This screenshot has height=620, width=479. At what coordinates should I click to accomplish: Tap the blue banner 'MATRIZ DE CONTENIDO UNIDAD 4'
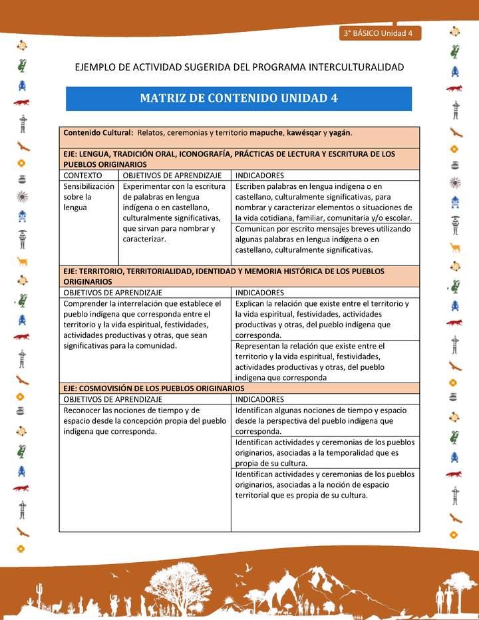coord(238,98)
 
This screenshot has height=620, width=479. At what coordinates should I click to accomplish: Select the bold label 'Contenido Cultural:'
coord(98,132)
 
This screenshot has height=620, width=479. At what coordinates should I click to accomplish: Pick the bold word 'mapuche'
coord(266,132)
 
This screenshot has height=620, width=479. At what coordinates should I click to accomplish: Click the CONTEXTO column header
coord(83,175)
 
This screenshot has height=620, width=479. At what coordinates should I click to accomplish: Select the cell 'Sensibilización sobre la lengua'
coord(88,197)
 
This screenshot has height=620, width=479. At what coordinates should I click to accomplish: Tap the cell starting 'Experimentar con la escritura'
coord(174,212)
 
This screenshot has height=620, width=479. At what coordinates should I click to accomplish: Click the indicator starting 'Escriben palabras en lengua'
coord(324,202)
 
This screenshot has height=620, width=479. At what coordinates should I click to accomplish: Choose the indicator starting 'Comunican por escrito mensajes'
coord(324,239)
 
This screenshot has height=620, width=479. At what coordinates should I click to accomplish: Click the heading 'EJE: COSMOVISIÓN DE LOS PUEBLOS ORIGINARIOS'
coord(154,388)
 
